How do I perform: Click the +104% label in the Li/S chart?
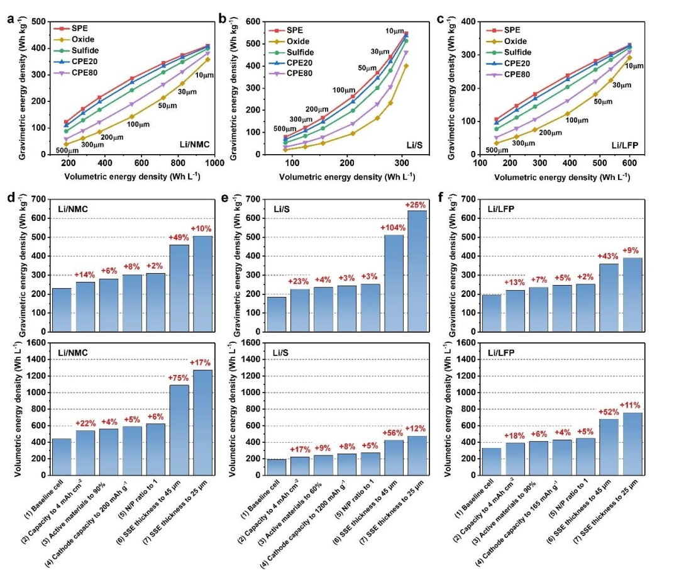(x=391, y=227)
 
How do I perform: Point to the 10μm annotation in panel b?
(x=395, y=31)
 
